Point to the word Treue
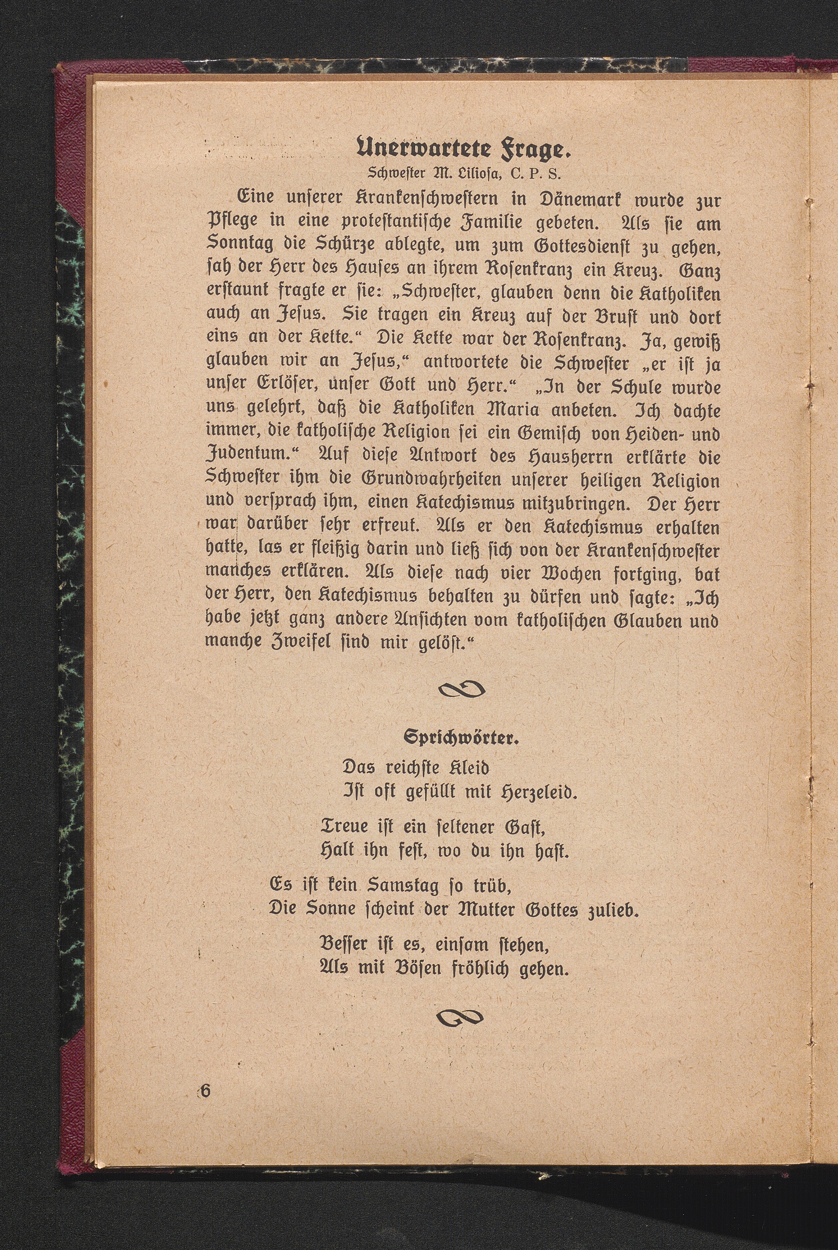coord(346,827)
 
